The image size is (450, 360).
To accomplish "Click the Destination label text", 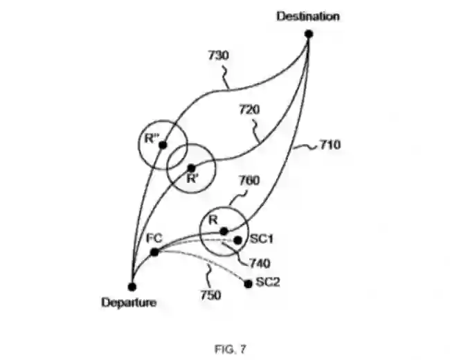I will point(308,16).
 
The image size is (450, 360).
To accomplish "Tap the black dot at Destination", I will point(309,33).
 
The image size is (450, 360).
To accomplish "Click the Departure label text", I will point(129,302).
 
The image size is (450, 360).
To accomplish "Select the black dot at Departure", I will point(132,286).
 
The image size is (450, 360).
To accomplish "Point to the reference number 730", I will point(219,56).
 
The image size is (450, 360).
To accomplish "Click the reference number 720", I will point(249,109).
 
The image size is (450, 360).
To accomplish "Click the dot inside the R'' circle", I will point(163,145).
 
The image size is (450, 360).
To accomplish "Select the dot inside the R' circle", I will point(191,168).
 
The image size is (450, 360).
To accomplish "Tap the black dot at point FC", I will point(154,251).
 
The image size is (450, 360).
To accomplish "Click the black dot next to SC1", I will point(238,240).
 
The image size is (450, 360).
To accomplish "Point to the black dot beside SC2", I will point(249,282).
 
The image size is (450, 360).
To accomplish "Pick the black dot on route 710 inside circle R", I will point(224,231).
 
